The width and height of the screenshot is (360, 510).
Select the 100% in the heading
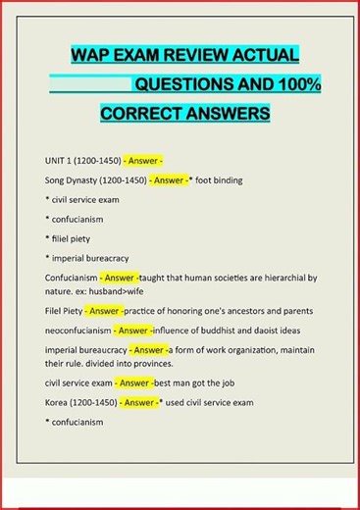point(293,84)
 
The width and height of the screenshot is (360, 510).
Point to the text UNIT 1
point(62,160)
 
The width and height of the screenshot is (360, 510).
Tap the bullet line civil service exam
point(84,200)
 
